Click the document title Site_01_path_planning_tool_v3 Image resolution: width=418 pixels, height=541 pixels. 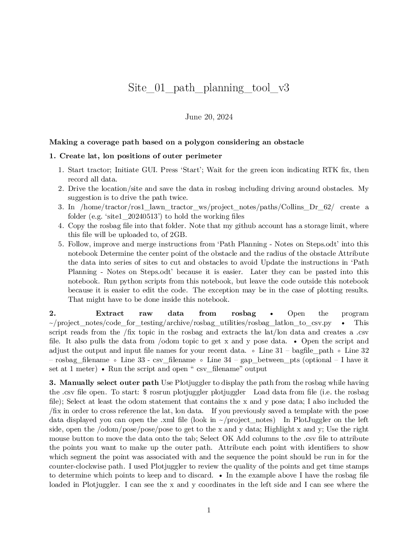[209, 88]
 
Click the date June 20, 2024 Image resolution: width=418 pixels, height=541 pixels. [209, 117]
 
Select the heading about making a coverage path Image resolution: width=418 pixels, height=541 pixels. [176, 142]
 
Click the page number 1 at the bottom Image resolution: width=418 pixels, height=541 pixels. [209, 510]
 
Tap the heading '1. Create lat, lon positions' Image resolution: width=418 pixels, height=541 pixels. [135, 156]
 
